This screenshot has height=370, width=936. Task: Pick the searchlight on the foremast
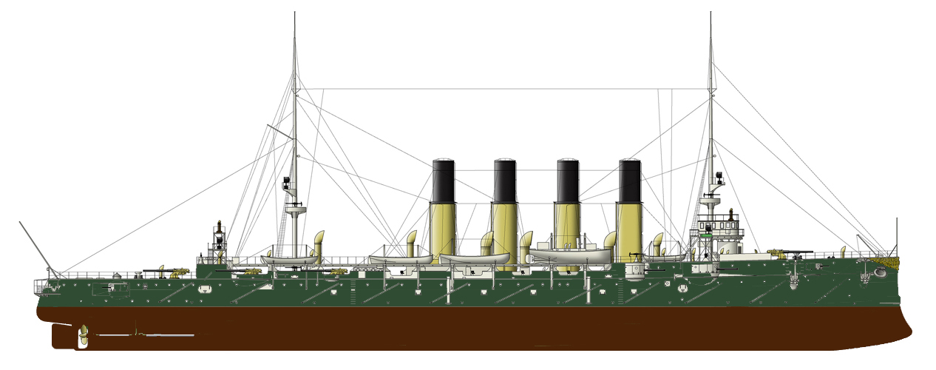click(x=717, y=178)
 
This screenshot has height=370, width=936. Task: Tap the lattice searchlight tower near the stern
click(x=219, y=240)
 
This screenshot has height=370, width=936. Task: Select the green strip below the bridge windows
click(x=708, y=234)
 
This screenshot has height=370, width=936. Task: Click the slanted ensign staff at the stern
click(x=34, y=244)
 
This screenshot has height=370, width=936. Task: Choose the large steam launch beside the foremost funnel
click(x=570, y=255)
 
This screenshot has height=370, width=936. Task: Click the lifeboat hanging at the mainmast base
click(x=288, y=260)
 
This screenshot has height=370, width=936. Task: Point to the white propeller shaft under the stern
click(x=148, y=335)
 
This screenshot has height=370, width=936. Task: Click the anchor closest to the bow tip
click(x=879, y=272)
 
